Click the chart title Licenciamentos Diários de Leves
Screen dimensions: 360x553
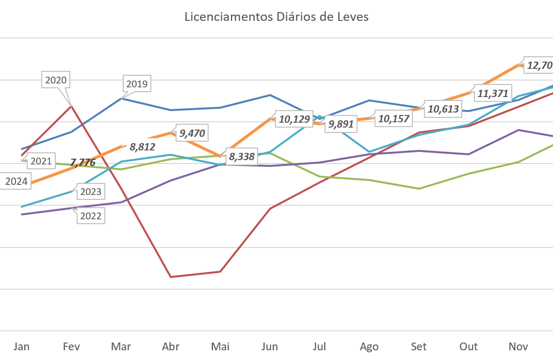point(276,17)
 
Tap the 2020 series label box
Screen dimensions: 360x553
point(56,80)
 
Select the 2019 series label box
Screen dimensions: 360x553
point(137,84)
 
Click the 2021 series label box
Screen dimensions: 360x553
point(41,161)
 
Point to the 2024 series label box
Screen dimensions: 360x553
point(16,182)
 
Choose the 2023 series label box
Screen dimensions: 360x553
point(91,192)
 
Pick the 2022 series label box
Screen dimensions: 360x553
point(91,216)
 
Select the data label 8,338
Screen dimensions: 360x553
point(242,157)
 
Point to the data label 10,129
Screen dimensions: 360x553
point(294,119)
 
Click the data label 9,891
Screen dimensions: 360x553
point(341,124)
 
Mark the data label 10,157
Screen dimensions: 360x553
point(393,118)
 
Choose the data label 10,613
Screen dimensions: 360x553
point(443,109)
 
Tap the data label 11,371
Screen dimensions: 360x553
point(493,94)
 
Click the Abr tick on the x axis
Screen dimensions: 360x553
point(171,346)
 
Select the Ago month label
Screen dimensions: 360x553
point(369,346)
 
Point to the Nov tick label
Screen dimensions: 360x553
point(518,346)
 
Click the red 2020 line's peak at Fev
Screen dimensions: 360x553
point(72,105)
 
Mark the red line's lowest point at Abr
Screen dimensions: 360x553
point(171,277)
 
